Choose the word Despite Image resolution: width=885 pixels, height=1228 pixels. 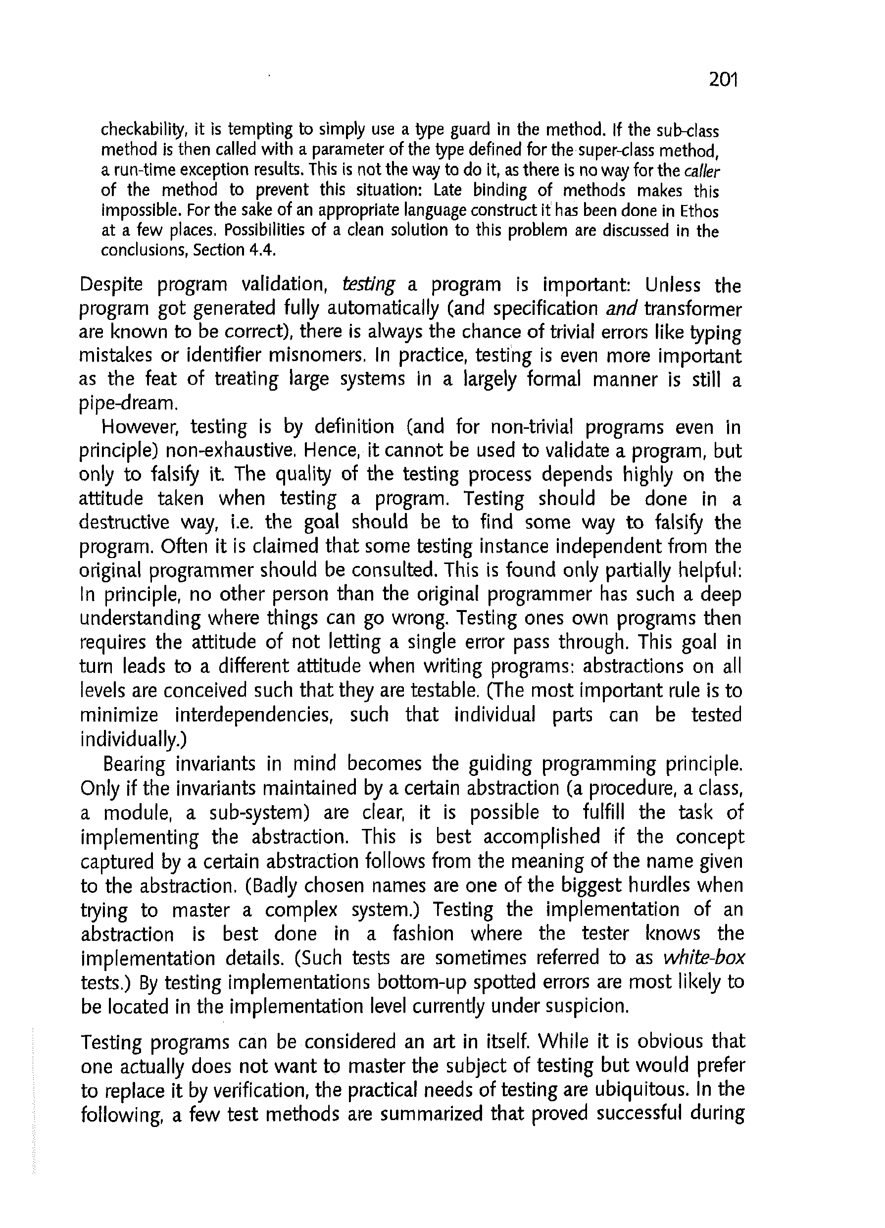[x=112, y=285]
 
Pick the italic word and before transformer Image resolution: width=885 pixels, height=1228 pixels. [x=622, y=308]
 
